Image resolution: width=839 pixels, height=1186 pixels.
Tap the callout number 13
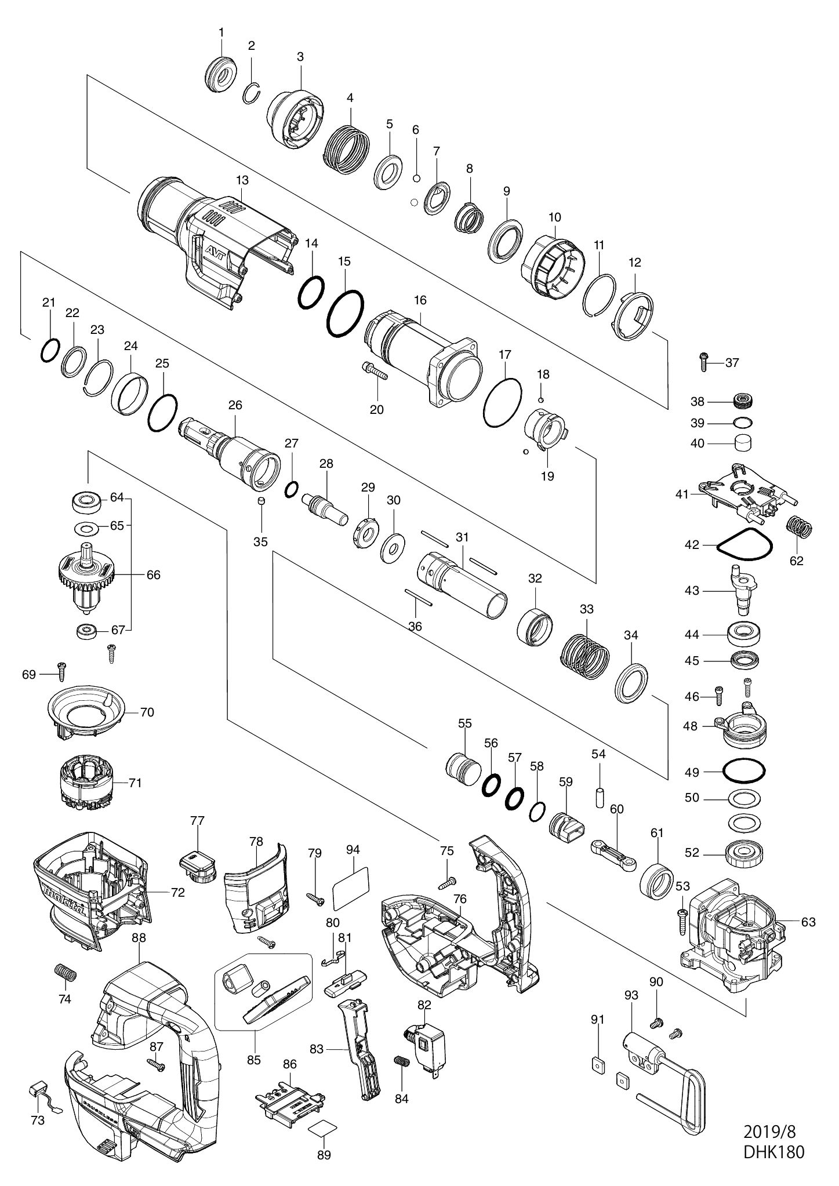pyautogui.click(x=242, y=180)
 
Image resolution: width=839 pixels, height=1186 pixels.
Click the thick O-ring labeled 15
pyautogui.click(x=345, y=312)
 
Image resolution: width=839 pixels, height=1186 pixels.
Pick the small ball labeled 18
pyautogui.click(x=540, y=399)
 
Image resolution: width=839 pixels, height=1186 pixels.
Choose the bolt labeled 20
pyautogui.click(x=376, y=371)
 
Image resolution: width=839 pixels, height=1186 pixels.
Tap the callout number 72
pyautogui.click(x=177, y=893)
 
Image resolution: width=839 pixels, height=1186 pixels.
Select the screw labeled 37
pyautogui.click(x=704, y=362)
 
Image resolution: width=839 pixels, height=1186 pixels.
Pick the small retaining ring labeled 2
pyautogui.click(x=252, y=92)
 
